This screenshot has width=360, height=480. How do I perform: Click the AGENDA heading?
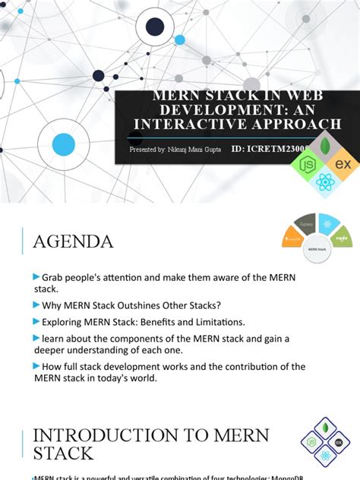click(x=73, y=242)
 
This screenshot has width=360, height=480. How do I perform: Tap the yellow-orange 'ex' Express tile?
click(x=343, y=164)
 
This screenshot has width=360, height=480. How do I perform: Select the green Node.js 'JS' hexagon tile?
click(x=310, y=163)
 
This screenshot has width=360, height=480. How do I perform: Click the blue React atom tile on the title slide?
click(x=327, y=182)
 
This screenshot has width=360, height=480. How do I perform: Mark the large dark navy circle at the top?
click(x=155, y=28)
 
